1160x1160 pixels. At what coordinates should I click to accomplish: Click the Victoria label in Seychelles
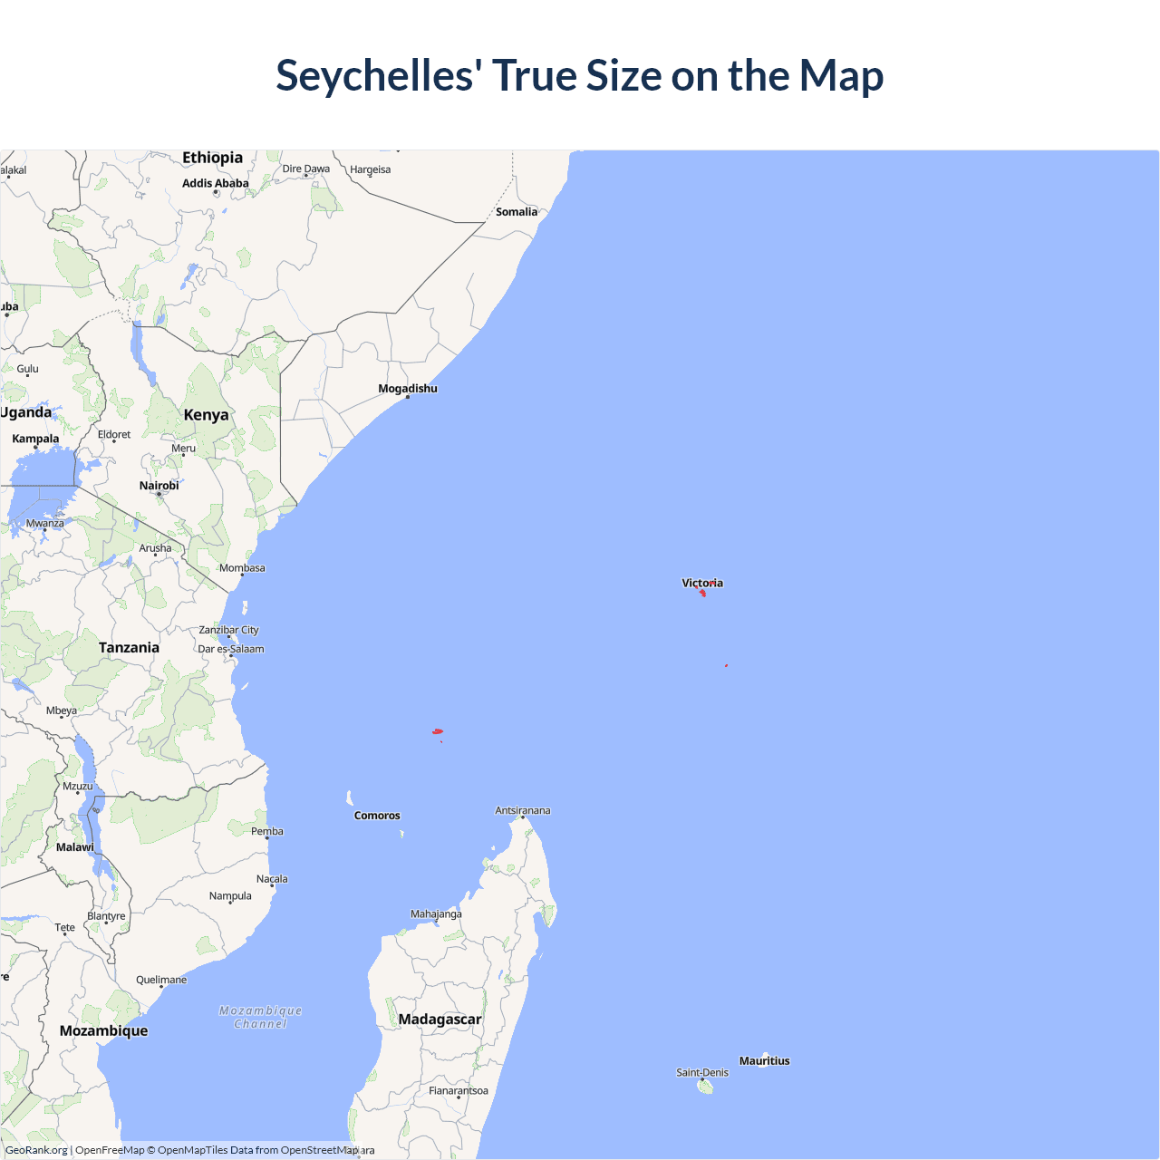pyautogui.click(x=702, y=583)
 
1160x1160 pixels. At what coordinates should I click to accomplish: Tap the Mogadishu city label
pyautogui.click(x=408, y=389)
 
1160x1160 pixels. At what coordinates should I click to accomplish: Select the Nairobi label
pyautogui.click(x=159, y=486)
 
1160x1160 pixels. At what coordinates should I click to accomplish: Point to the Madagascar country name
pyautogui.click(x=440, y=1020)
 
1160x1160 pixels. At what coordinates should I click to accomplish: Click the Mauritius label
pyautogui.click(x=764, y=1061)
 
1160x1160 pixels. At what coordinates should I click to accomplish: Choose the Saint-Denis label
pyautogui.click(x=702, y=1073)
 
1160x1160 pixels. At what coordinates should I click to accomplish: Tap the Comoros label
pyautogui.click(x=377, y=816)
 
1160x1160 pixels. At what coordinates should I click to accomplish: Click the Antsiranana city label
pyautogui.click(x=523, y=811)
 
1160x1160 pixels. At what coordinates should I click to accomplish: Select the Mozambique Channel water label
pyautogui.click(x=261, y=1017)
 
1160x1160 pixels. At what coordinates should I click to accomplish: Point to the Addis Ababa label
pyautogui.click(x=216, y=183)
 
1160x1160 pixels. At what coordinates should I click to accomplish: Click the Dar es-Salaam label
pyautogui.click(x=231, y=649)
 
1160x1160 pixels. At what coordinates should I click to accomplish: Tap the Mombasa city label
pyautogui.click(x=242, y=568)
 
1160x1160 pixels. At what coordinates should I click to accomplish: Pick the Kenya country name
pyautogui.click(x=206, y=415)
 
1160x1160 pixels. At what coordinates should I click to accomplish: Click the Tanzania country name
pyautogui.click(x=129, y=648)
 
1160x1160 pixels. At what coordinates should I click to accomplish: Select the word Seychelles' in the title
pyautogui.click(x=379, y=75)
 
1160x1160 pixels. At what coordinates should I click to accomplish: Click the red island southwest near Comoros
pyautogui.click(x=438, y=731)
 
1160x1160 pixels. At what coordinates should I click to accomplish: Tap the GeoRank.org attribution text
pyautogui.click(x=37, y=1150)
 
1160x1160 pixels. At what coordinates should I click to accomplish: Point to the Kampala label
pyautogui.click(x=35, y=439)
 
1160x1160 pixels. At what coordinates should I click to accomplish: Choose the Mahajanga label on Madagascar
pyautogui.click(x=436, y=913)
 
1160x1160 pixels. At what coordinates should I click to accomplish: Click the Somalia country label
pyautogui.click(x=517, y=212)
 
